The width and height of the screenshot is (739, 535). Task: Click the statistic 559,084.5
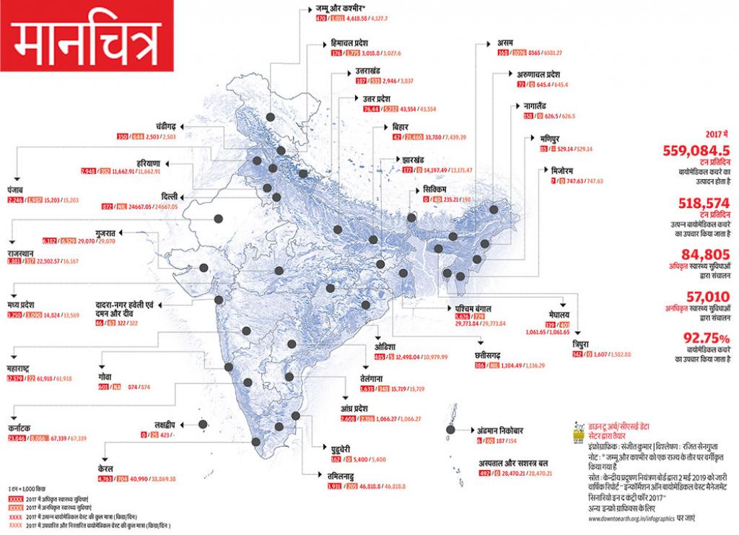(x=696, y=151)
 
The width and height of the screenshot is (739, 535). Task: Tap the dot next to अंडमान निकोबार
(x=450, y=430)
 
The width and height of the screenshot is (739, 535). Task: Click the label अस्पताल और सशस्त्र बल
(x=512, y=462)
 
